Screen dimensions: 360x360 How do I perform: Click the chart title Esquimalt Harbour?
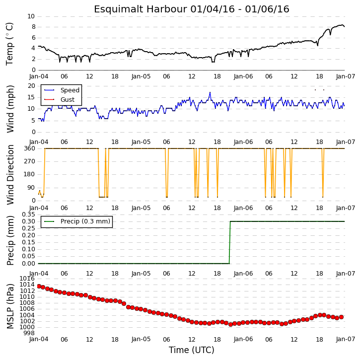tap(141, 9)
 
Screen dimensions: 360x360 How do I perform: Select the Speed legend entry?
tap(62, 90)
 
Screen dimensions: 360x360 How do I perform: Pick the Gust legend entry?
tap(59, 100)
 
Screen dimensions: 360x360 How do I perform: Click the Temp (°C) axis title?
tap(9, 44)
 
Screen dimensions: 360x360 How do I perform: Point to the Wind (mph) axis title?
tap(10, 109)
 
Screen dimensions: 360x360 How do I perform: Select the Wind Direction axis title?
tap(10, 174)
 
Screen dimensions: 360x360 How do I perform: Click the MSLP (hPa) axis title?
tap(10, 306)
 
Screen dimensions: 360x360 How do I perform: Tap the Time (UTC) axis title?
tap(192, 350)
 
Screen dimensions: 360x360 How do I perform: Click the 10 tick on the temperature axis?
tap(31, 16)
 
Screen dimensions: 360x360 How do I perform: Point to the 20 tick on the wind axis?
tap(31, 86)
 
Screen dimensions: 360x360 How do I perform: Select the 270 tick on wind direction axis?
tap(30, 161)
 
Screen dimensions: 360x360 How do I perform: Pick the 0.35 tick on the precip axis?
tap(28, 215)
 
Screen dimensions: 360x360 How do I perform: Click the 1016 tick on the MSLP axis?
tap(27, 279)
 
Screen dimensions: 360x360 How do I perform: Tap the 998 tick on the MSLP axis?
tap(29, 333)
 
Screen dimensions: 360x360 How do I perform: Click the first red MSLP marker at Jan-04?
tap(39, 287)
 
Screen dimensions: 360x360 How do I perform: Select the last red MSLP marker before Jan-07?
tap(341, 317)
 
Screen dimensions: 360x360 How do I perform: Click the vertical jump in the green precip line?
tap(230, 242)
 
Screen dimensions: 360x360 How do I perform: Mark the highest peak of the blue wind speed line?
tap(210, 92)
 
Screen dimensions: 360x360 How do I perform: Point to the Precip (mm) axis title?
tap(10, 241)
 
